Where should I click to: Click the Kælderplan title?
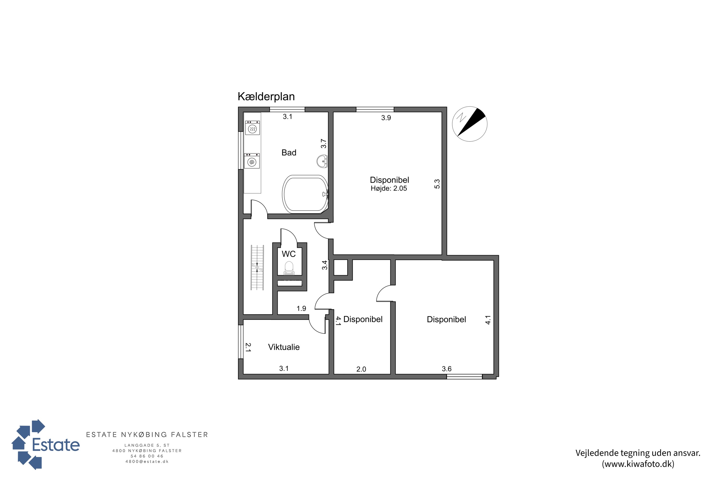click(266, 97)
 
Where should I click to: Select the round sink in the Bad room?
click(322, 161)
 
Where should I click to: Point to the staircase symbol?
click(257, 267)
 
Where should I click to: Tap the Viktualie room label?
click(284, 347)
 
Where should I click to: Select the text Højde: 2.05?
click(389, 188)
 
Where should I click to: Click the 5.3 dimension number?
click(437, 184)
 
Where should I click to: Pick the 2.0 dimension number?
click(361, 369)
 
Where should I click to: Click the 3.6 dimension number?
click(447, 369)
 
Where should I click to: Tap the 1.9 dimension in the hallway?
click(301, 309)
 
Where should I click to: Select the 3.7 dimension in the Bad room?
click(324, 144)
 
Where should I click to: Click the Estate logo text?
click(56, 445)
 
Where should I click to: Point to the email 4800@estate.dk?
click(147, 462)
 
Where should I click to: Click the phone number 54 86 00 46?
click(147, 456)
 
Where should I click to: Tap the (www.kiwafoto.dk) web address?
click(638, 464)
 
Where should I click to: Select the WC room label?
click(288, 254)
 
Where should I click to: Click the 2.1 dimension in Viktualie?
click(248, 347)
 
